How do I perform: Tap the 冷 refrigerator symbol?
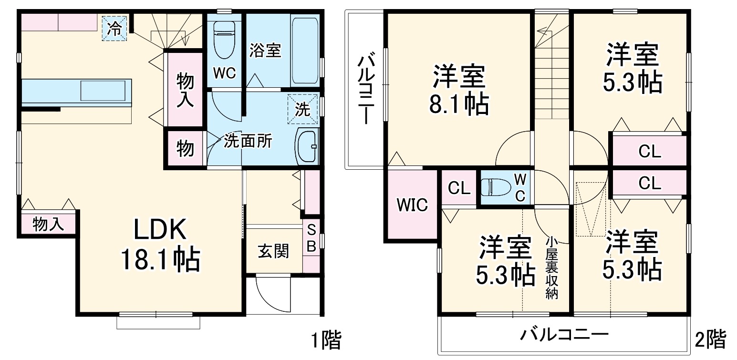(x=114, y=28)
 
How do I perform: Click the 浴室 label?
(x=265, y=51)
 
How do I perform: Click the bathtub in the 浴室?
(x=304, y=51)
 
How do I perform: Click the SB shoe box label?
(x=311, y=238)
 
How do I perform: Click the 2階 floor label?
(x=711, y=339)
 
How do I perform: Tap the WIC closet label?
(x=413, y=206)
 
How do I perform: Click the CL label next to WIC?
(x=459, y=188)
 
